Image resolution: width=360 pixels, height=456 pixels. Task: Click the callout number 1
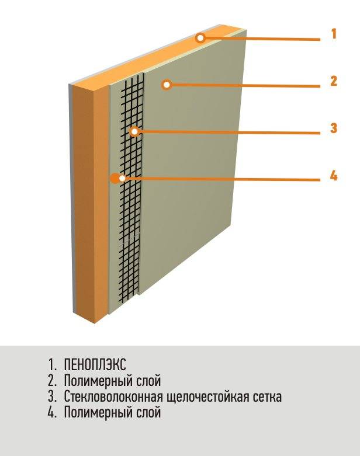click(334, 33)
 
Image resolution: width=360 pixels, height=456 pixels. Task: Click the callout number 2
click(334, 81)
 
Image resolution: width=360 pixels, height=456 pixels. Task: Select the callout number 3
click(334, 128)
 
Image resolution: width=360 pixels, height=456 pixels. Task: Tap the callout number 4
click(334, 176)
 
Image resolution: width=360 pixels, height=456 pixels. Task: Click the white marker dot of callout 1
click(200, 37)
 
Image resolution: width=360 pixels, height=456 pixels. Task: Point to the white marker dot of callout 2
click(167, 85)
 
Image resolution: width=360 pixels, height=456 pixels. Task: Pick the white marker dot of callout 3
click(134, 132)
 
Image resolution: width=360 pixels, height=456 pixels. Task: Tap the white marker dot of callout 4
click(123, 178)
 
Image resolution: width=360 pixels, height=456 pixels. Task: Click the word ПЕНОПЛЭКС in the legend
click(95, 364)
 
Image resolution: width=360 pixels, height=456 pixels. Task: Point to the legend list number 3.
click(53, 396)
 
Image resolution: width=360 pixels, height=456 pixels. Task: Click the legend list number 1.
click(52, 365)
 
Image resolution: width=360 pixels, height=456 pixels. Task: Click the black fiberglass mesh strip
click(130, 186)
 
